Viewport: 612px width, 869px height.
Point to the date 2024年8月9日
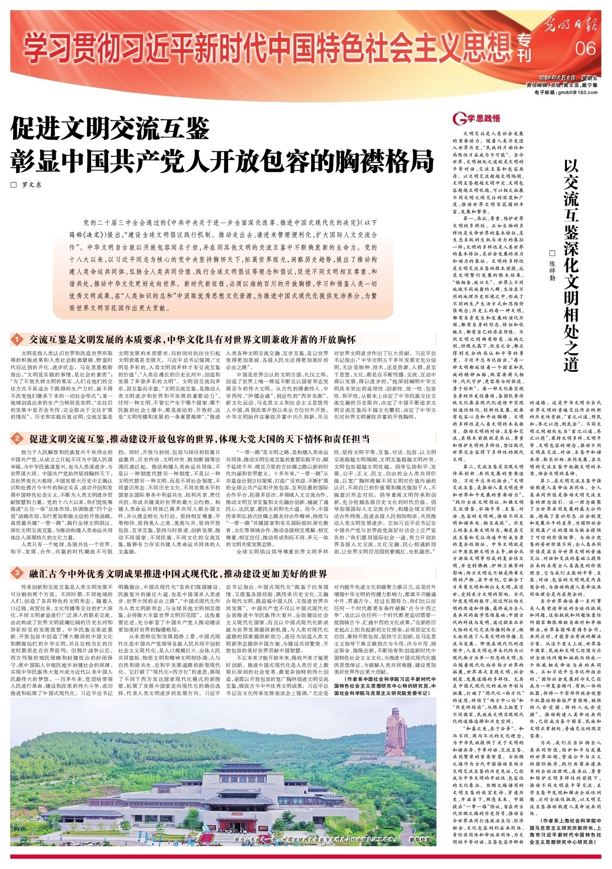558,78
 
